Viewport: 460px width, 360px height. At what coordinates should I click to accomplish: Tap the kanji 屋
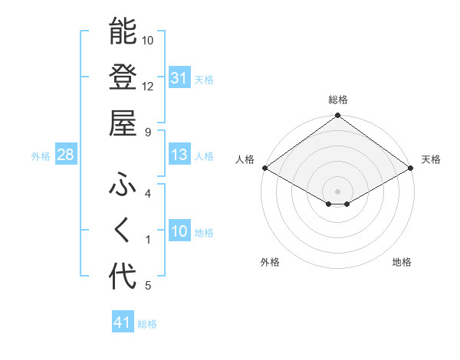point(123,123)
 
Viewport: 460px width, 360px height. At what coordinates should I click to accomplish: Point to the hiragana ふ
point(123,185)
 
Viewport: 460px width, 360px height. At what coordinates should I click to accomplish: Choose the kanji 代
point(123,277)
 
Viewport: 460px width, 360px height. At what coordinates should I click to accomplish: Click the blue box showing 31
point(179,78)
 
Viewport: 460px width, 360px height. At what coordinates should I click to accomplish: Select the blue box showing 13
point(179,155)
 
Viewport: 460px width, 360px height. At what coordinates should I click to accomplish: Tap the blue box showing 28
point(65,155)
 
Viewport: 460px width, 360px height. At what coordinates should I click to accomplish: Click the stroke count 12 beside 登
point(148,86)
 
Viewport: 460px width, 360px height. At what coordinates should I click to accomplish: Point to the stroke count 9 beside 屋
point(148,132)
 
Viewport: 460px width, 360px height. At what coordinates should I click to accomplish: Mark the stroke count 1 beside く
point(148,240)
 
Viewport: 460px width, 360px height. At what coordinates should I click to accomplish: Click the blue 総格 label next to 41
point(147,324)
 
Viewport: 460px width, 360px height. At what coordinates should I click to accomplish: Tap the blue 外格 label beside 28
point(41,156)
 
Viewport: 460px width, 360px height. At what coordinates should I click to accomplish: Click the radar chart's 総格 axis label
point(338,100)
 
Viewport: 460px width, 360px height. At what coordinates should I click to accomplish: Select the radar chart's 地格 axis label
point(402,263)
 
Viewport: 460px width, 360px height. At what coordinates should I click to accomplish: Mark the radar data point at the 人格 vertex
point(264,168)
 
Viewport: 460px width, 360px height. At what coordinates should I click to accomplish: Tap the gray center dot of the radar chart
point(338,190)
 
